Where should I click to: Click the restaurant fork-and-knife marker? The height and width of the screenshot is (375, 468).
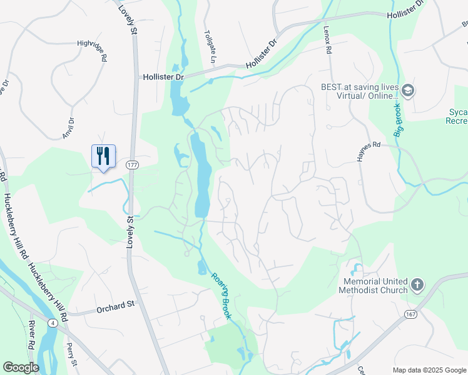[x=103, y=156]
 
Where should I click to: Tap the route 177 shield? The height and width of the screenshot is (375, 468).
[x=131, y=164]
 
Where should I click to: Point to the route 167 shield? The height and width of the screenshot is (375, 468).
[x=410, y=313]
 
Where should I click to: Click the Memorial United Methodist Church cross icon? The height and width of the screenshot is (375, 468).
[x=417, y=286]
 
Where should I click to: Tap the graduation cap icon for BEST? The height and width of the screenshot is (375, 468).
[x=409, y=91]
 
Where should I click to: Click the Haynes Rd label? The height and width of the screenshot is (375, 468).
[x=369, y=151]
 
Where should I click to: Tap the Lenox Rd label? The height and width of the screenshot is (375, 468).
[x=328, y=39]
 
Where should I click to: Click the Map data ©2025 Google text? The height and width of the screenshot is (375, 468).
[x=429, y=370]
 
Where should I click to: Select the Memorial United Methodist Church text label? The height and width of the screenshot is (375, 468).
[x=374, y=286]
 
